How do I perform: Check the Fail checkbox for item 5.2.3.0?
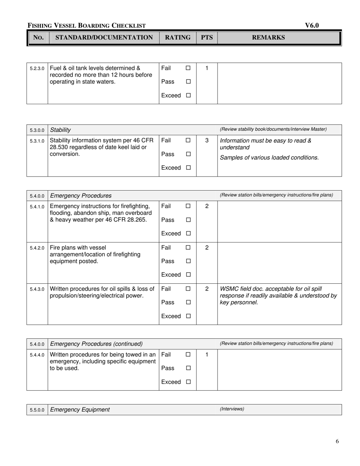pos(188,68)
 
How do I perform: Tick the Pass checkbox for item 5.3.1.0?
pos(188,154)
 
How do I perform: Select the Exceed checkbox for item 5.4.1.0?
pos(188,234)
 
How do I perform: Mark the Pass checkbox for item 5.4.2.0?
pos(188,261)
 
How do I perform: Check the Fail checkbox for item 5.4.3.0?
pos(188,289)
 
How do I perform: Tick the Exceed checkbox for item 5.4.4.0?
pos(188,382)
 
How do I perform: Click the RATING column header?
pos(177,38)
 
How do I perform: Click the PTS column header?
pos(207,38)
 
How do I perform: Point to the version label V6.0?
pos(312,25)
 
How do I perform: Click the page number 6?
pos(337,441)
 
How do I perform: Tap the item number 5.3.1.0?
pos(37,141)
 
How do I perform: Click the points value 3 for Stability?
pos(207,141)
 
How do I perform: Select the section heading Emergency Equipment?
pos(80,410)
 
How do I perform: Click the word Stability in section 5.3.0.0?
pos(61,130)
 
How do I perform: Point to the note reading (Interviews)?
pos(232,409)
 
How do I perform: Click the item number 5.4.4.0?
pos(37,355)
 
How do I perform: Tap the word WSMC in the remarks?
pos(230,289)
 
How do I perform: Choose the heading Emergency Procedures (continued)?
pos(96,344)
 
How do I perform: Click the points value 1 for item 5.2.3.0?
pos(207,68)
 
